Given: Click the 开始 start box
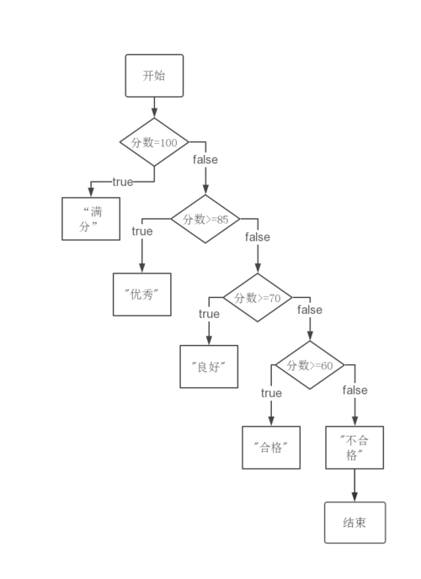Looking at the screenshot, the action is (x=154, y=76).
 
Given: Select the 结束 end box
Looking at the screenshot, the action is (x=354, y=523).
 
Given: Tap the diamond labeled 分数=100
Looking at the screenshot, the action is (x=154, y=142).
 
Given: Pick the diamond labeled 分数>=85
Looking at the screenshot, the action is (x=205, y=219).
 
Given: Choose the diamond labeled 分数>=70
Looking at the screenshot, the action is (x=258, y=298).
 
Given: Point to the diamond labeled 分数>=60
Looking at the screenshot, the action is (x=310, y=365).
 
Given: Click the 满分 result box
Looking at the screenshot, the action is (x=91, y=219).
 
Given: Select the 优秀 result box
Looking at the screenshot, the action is (x=142, y=295).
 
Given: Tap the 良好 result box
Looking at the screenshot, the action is (x=209, y=367).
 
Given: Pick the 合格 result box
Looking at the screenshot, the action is (x=271, y=448).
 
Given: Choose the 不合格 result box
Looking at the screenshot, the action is (x=354, y=448).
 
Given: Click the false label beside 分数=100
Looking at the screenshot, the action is (x=205, y=160).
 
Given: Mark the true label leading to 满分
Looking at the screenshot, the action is (x=123, y=182).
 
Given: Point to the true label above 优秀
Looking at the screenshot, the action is (x=142, y=231).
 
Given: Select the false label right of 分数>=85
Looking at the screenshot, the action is (x=258, y=236).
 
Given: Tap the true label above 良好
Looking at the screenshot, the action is (x=209, y=314).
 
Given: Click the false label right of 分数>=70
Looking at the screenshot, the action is (x=310, y=310).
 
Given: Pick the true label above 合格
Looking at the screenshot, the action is (x=271, y=393).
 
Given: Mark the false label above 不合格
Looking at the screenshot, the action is (x=354, y=390).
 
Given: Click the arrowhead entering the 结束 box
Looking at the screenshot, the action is (x=354, y=497).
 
